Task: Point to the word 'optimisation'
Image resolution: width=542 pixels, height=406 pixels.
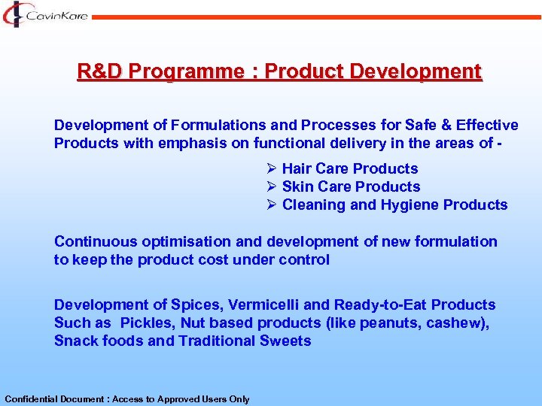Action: pos(171,242)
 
